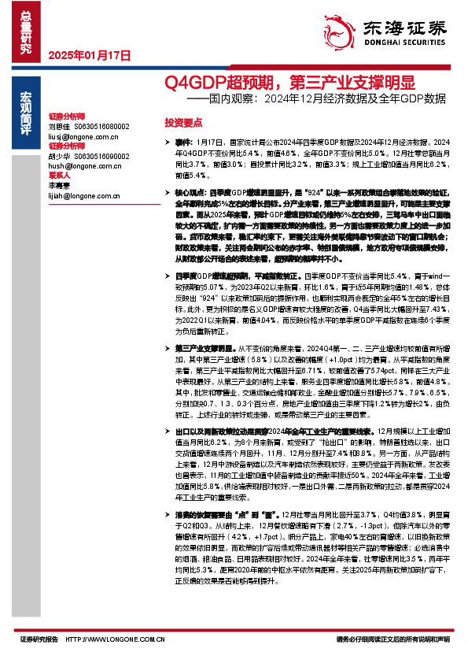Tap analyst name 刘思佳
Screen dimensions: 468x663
[60, 126]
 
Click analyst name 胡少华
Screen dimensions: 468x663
[60, 156]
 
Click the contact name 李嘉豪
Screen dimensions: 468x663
[60, 186]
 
